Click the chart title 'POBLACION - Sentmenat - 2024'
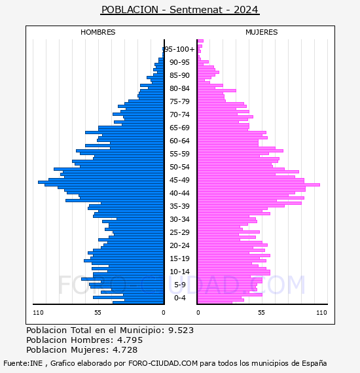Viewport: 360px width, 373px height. tap(180, 10)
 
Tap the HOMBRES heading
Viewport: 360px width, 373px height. tap(98, 32)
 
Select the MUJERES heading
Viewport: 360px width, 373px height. tap(262, 32)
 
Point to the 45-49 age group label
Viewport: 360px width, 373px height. tap(179, 180)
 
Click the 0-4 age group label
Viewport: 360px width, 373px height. tap(180, 298)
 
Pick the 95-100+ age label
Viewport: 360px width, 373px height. tap(179, 49)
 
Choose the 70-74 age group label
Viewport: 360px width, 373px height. tap(179, 115)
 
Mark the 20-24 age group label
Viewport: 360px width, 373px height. tap(179, 245)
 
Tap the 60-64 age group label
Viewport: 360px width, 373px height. tap(179, 141)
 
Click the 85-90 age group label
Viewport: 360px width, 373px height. tap(179, 75)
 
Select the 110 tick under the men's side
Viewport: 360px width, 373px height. tap(39, 313)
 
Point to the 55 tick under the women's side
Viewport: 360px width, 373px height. tap(261, 313)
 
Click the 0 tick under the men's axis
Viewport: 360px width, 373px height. tap(164, 313)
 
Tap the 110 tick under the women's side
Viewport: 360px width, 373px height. tap(321, 313)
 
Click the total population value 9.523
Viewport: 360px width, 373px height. tap(181, 330)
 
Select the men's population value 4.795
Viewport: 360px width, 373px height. tap(130, 340)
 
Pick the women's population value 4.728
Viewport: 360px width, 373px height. tap(125, 349)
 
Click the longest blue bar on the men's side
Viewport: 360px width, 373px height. tap(101, 183)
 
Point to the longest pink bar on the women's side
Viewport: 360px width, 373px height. tap(259, 185)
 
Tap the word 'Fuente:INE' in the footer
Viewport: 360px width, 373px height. tap(23, 363)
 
